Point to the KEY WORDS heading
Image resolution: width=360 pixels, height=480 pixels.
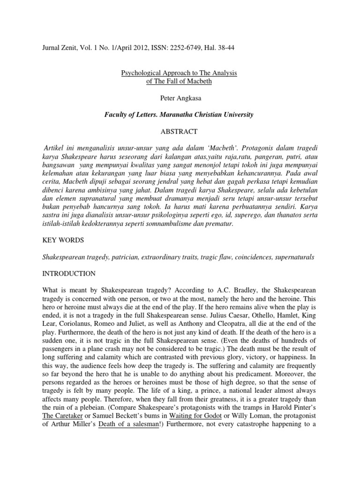(x=63, y=240)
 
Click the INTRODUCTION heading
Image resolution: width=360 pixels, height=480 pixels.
(x=69, y=273)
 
